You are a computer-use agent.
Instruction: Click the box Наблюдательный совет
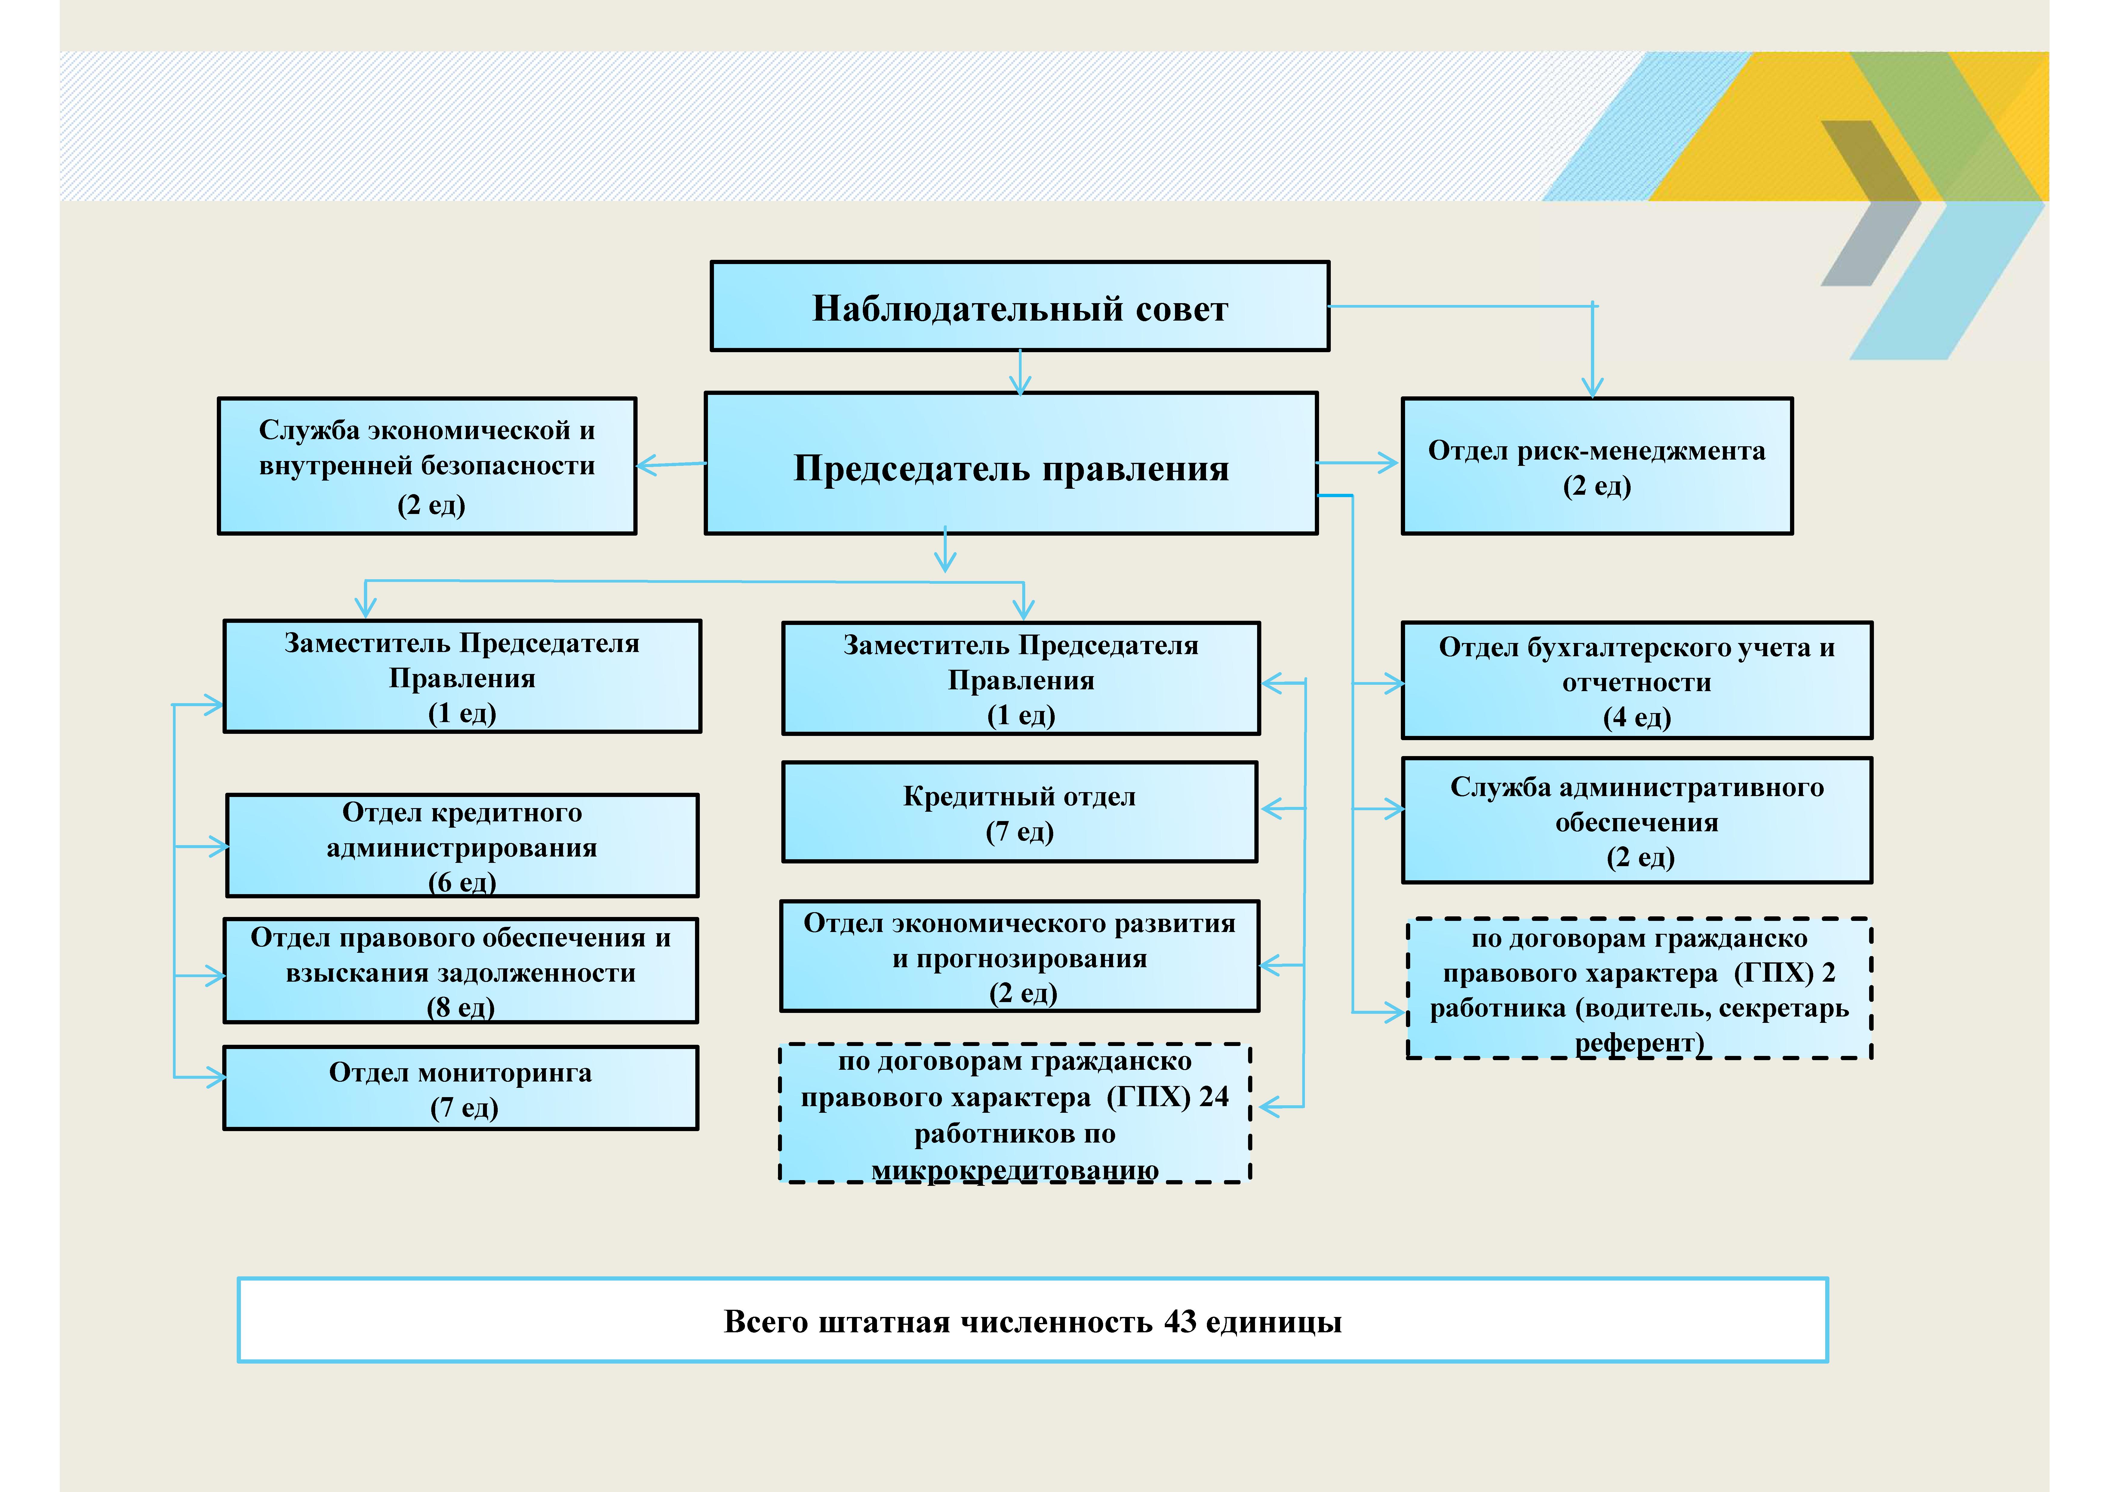[1020, 306]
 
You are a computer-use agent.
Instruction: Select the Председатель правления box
[1011, 463]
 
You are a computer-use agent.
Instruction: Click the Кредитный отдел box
[1020, 812]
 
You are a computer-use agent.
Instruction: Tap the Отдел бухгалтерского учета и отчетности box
[1637, 680]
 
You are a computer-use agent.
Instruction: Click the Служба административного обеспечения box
[1637, 820]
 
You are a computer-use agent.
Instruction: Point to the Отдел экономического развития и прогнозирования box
[1020, 956]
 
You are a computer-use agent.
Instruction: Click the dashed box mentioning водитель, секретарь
[1639, 988]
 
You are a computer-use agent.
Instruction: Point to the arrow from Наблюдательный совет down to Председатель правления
[1020, 372]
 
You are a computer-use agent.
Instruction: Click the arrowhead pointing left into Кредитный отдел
[1271, 809]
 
